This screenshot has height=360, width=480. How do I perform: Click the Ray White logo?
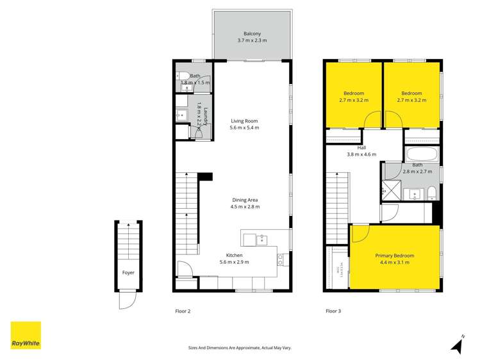pyautogui.click(x=26, y=336)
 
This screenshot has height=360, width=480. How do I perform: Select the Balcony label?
pyautogui.click(x=252, y=34)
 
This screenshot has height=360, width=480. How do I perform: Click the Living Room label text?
pyautogui.click(x=244, y=120)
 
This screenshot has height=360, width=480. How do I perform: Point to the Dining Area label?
pyautogui.click(x=245, y=199)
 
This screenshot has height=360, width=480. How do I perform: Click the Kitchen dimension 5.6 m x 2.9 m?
pyautogui.click(x=234, y=261)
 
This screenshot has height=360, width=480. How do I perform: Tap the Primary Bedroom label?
pyautogui.click(x=394, y=256)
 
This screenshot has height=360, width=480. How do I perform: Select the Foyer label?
pyautogui.click(x=129, y=272)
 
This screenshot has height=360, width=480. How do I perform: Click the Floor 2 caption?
pyautogui.click(x=183, y=311)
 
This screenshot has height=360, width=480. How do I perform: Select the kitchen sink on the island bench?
pyautogui.click(x=261, y=240)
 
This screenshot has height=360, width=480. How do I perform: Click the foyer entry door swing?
pyautogui.click(x=127, y=300)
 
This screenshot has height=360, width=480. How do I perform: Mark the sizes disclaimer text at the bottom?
pyautogui.click(x=240, y=348)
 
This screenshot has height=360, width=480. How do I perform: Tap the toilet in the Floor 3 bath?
pyautogui.click(x=431, y=193)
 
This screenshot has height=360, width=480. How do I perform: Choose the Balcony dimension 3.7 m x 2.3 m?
pyautogui.click(x=252, y=40)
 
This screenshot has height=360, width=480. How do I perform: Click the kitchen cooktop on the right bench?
pyautogui.click(x=280, y=260)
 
